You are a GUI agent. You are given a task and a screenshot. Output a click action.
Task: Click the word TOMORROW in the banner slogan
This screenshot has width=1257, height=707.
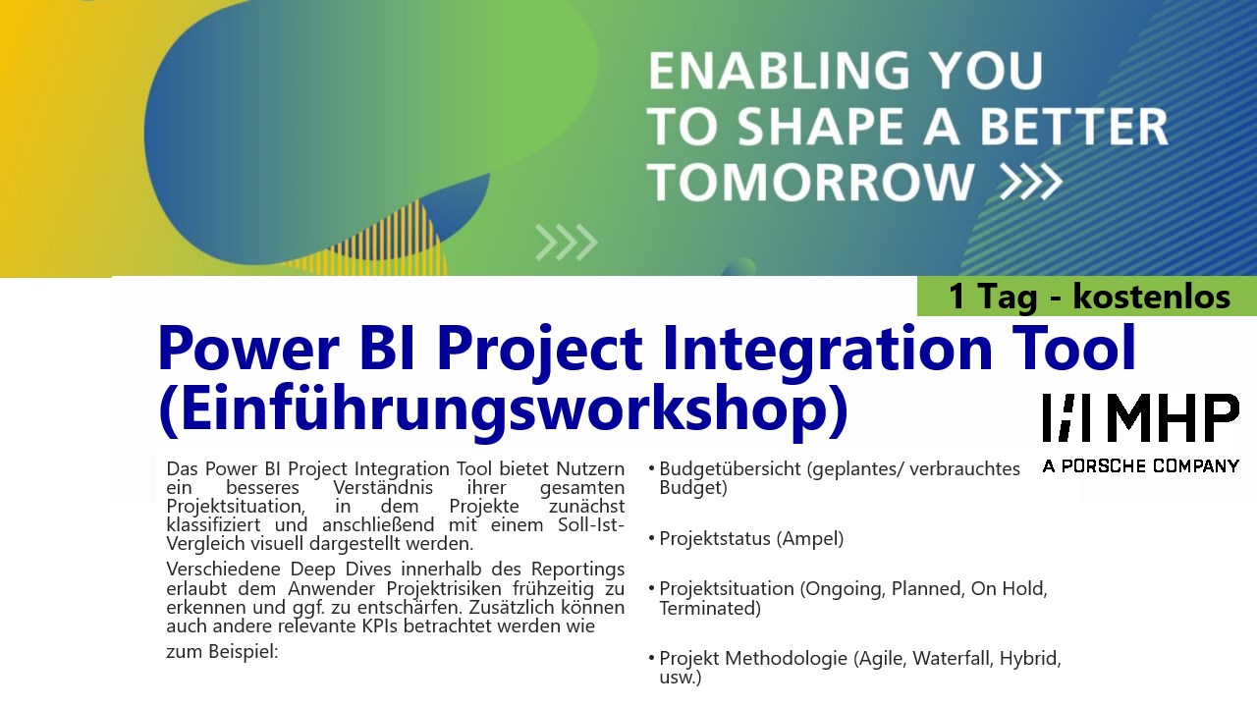[x=811, y=182]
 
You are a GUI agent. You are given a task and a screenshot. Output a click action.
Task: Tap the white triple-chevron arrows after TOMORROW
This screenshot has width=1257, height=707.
[x=1031, y=182]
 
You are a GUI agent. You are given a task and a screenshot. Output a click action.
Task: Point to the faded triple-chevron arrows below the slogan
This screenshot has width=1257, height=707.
[x=567, y=243]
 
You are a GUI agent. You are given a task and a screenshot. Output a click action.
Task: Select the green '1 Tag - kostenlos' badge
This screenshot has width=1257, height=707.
[x=1087, y=296]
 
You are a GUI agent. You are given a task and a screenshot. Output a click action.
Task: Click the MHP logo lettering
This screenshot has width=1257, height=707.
[x=1141, y=417]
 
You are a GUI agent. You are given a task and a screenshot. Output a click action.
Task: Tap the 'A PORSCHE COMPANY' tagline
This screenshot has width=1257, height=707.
[x=1141, y=465]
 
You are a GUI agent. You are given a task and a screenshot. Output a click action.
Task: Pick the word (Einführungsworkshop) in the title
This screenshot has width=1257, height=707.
[x=504, y=409]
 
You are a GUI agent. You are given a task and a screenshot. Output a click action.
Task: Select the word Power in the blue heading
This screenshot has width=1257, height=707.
[x=248, y=349]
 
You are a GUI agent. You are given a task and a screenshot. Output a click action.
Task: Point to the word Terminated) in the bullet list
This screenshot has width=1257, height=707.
[x=710, y=608]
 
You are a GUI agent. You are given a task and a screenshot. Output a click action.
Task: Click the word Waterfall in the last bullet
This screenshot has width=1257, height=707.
[x=952, y=658]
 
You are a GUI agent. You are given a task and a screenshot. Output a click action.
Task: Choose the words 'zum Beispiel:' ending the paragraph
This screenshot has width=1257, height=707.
[x=222, y=651]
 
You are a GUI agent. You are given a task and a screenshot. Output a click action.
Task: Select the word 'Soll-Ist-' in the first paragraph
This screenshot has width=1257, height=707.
[x=591, y=524]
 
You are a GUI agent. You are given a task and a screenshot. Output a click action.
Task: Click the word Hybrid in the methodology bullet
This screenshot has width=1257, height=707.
[x=1030, y=658]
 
